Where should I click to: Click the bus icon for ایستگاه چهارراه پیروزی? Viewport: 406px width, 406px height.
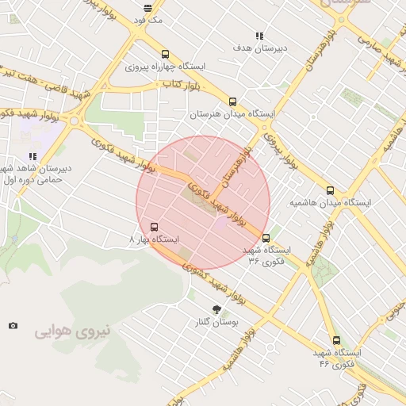click(165, 55)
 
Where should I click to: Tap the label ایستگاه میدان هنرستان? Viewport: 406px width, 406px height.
click(232, 114)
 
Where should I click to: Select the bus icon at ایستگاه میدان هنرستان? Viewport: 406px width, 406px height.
click(232, 101)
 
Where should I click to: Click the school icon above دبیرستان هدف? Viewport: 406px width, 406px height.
click(259, 36)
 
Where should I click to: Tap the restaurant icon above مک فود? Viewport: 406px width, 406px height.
click(148, 8)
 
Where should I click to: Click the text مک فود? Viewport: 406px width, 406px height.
click(148, 20)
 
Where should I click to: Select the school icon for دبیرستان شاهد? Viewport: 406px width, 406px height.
click(33, 157)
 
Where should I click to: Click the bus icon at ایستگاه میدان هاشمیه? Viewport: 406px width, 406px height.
click(331, 190)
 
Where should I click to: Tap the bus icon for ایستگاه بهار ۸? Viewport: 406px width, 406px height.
click(154, 227)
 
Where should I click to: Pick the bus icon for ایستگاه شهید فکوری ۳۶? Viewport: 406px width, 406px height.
click(266, 237)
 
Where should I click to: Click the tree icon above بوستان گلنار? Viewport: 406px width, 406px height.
click(217, 309)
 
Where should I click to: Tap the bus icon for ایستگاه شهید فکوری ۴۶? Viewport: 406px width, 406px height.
click(336, 340)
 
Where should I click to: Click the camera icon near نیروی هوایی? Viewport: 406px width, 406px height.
click(13, 325)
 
